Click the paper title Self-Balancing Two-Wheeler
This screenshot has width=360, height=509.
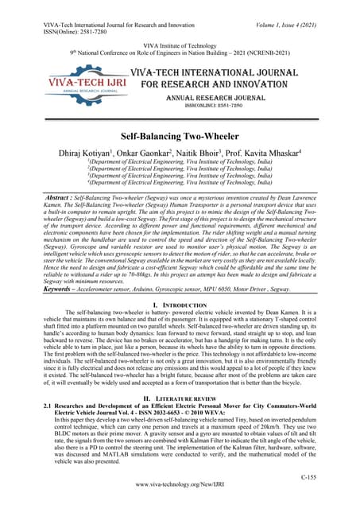pos(180,138)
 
